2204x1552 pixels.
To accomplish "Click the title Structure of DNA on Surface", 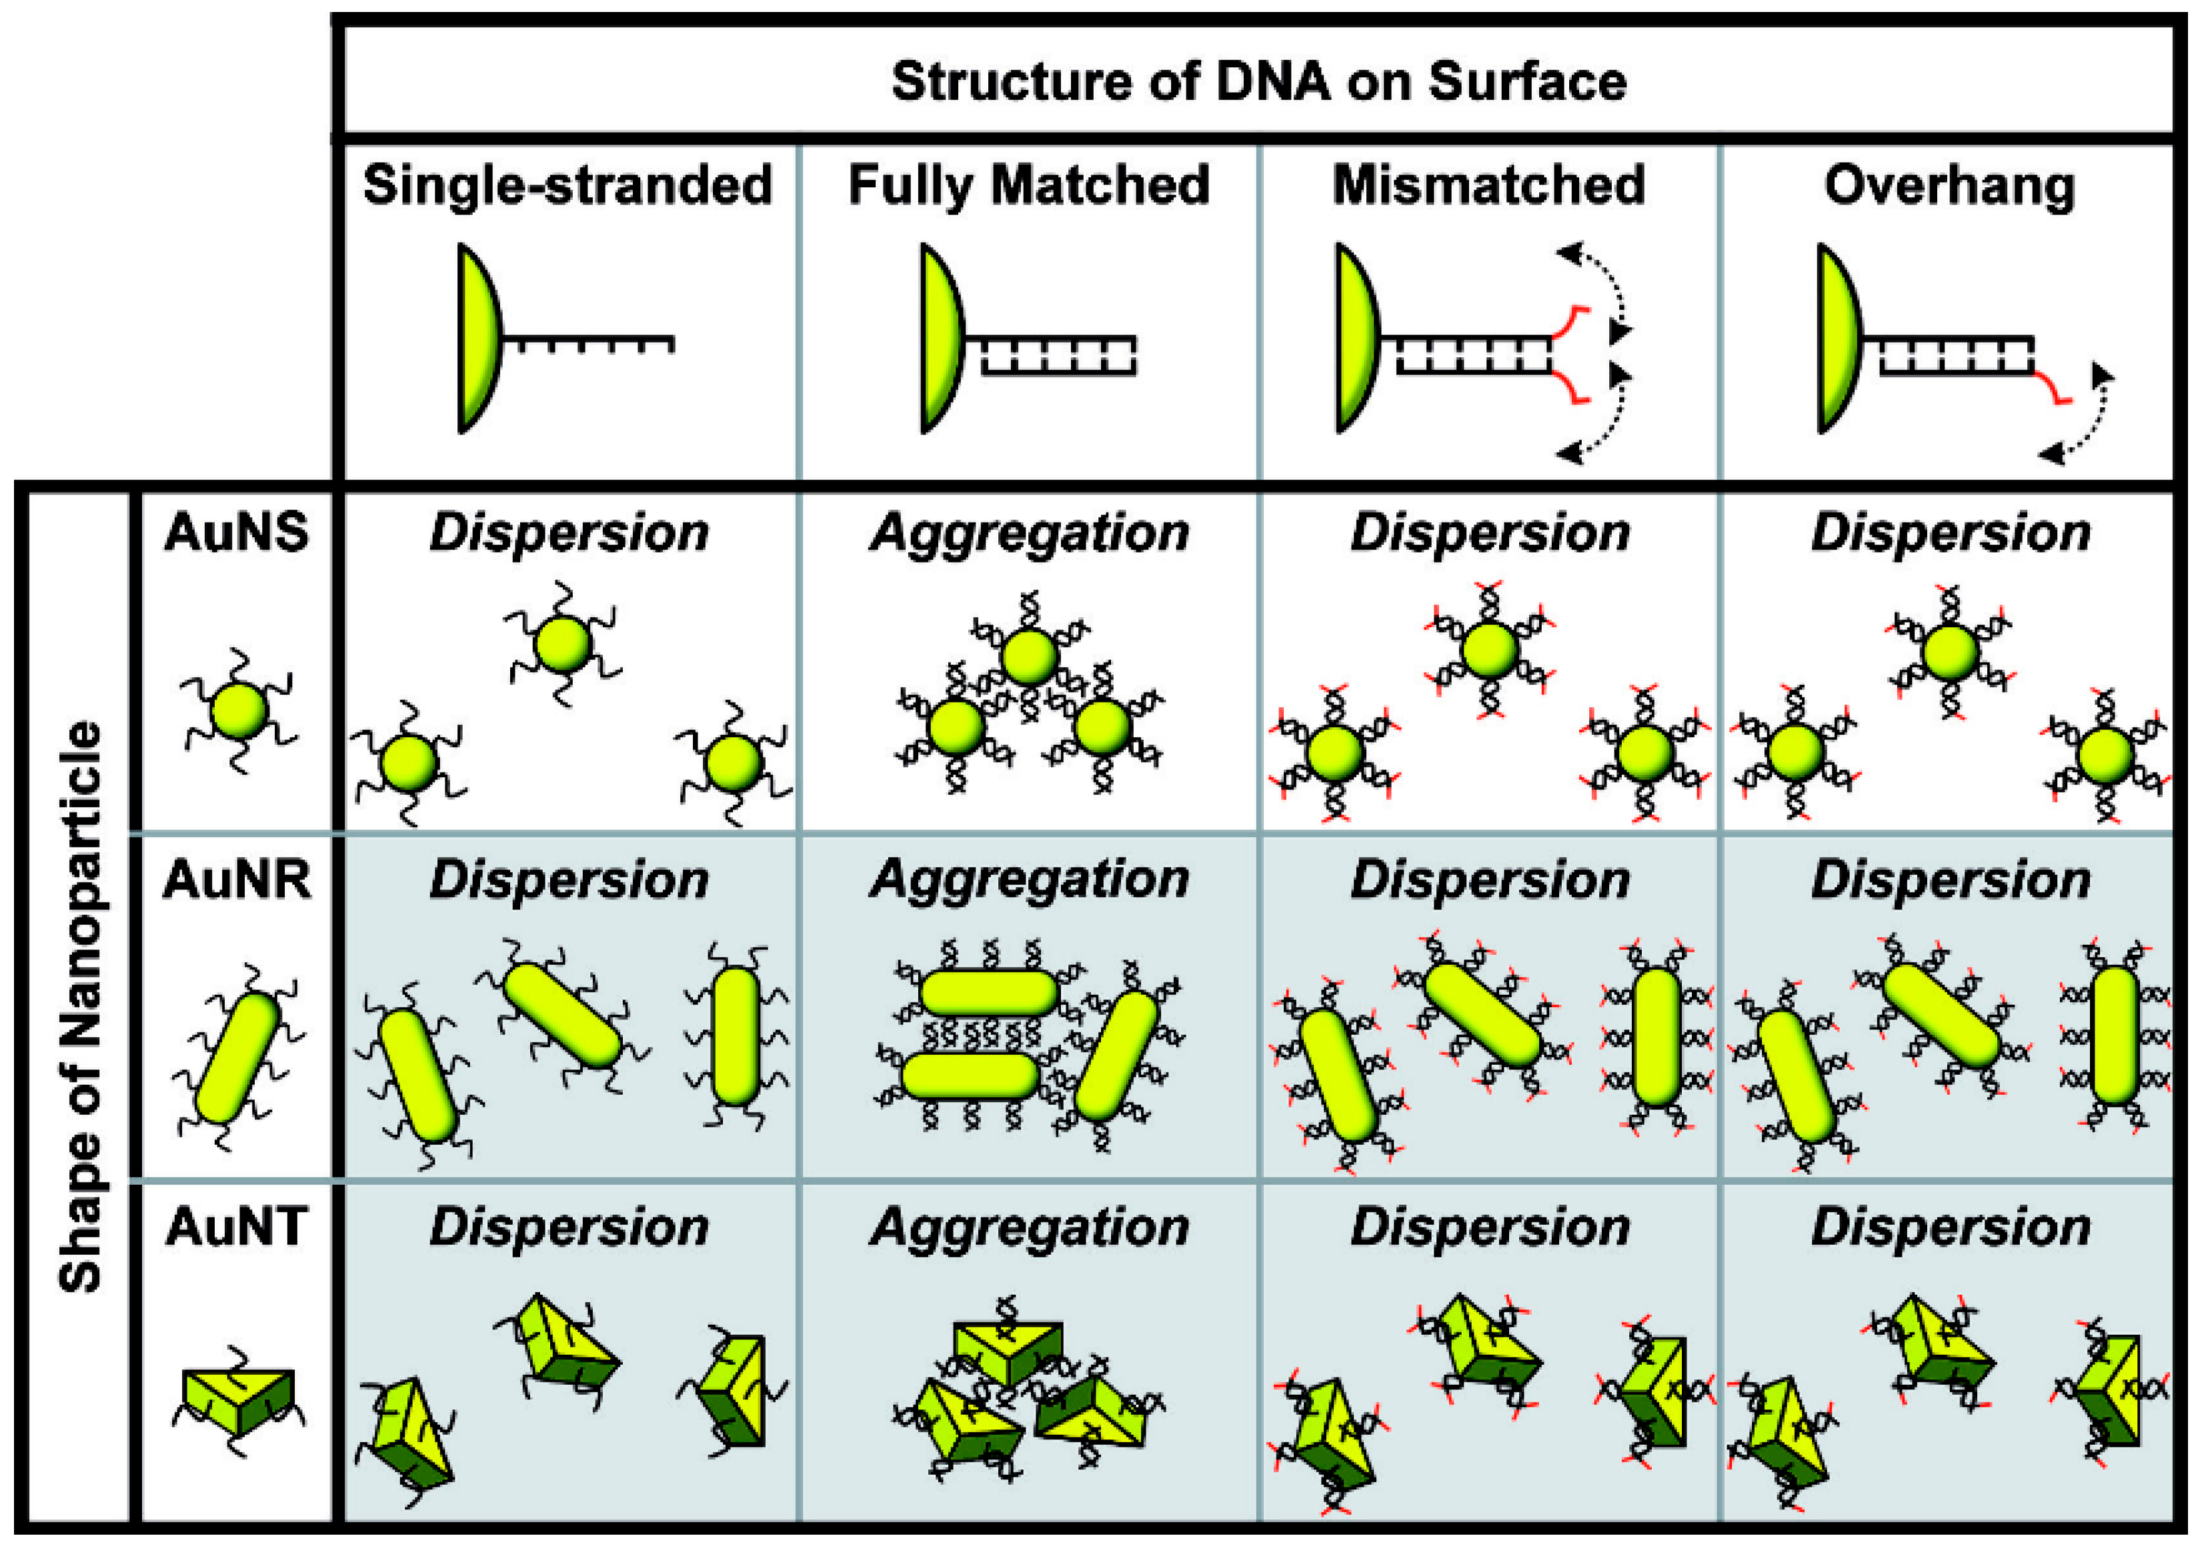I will click(1258, 81).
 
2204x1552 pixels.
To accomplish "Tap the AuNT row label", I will click(237, 1226).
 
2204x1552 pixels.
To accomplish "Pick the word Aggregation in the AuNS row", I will click(1028, 533).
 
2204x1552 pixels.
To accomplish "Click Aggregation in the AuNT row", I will click(1028, 1227).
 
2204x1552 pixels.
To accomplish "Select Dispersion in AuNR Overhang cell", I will click(1950, 880).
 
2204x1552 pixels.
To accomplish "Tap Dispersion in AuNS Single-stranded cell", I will click(568, 533).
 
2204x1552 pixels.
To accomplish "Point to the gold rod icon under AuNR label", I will click(237, 1058).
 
